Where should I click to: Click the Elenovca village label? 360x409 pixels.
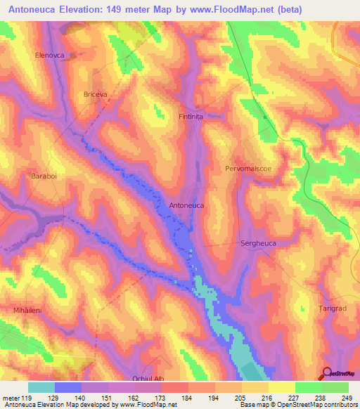point(49,54)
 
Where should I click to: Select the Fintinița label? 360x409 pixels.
point(191,117)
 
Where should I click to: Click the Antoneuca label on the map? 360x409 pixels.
point(187,205)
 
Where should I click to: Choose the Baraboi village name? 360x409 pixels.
point(43,176)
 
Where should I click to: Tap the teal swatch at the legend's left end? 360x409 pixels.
point(41,387)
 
